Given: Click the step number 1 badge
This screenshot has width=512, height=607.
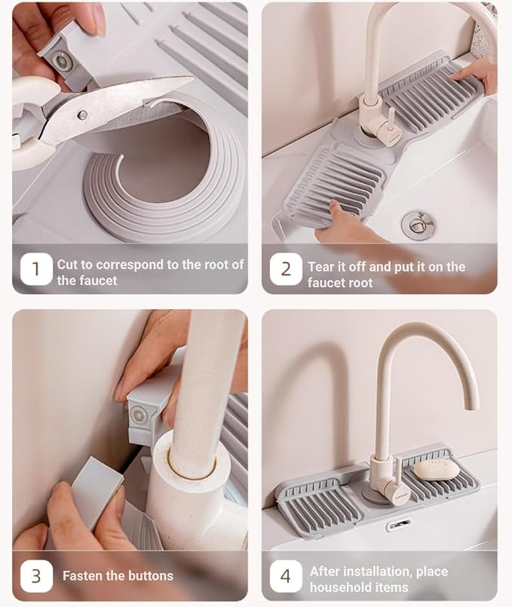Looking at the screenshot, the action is pyautogui.click(x=36, y=268).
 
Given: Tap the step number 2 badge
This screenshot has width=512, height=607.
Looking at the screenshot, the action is pyautogui.click(x=286, y=269).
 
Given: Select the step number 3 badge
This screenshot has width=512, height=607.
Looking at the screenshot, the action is pyautogui.click(x=36, y=575).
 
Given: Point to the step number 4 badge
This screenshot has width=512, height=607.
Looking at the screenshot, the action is pyautogui.click(x=286, y=575).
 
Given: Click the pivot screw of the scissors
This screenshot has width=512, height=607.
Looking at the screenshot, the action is pyautogui.click(x=82, y=115).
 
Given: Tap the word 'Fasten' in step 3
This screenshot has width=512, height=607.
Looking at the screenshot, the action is pyautogui.click(x=82, y=575).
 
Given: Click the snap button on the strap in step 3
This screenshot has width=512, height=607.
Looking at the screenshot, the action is pyautogui.click(x=137, y=415).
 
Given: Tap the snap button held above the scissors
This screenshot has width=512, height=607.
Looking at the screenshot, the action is pyautogui.click(x=60, y=60).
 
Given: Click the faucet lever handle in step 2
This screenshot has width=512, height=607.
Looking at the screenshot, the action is pyautogui.click(x=391, y=119).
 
